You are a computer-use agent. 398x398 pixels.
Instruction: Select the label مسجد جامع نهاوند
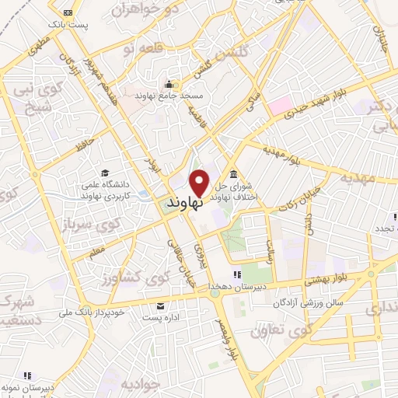click(x=172, y=95)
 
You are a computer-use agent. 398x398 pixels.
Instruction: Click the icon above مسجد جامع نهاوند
click(x=169, y=84)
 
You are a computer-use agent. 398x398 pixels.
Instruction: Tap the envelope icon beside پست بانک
click(x=68, y=13)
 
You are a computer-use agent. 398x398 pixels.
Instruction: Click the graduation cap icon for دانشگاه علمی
click(x=105, y=173)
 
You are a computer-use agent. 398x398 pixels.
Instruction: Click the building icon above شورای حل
click(x=234, y=173)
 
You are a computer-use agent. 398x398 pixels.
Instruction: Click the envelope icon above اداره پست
click(x=161, y=305)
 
